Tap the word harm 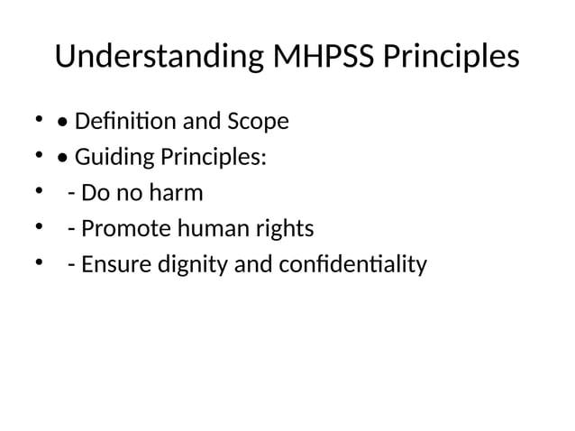click(x=178, y=193)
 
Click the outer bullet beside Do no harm click(x=39, y=192)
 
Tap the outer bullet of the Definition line click(x=39, y=120)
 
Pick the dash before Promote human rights click(x=71, y=230)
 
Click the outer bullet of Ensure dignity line click(x=39, y=264)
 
